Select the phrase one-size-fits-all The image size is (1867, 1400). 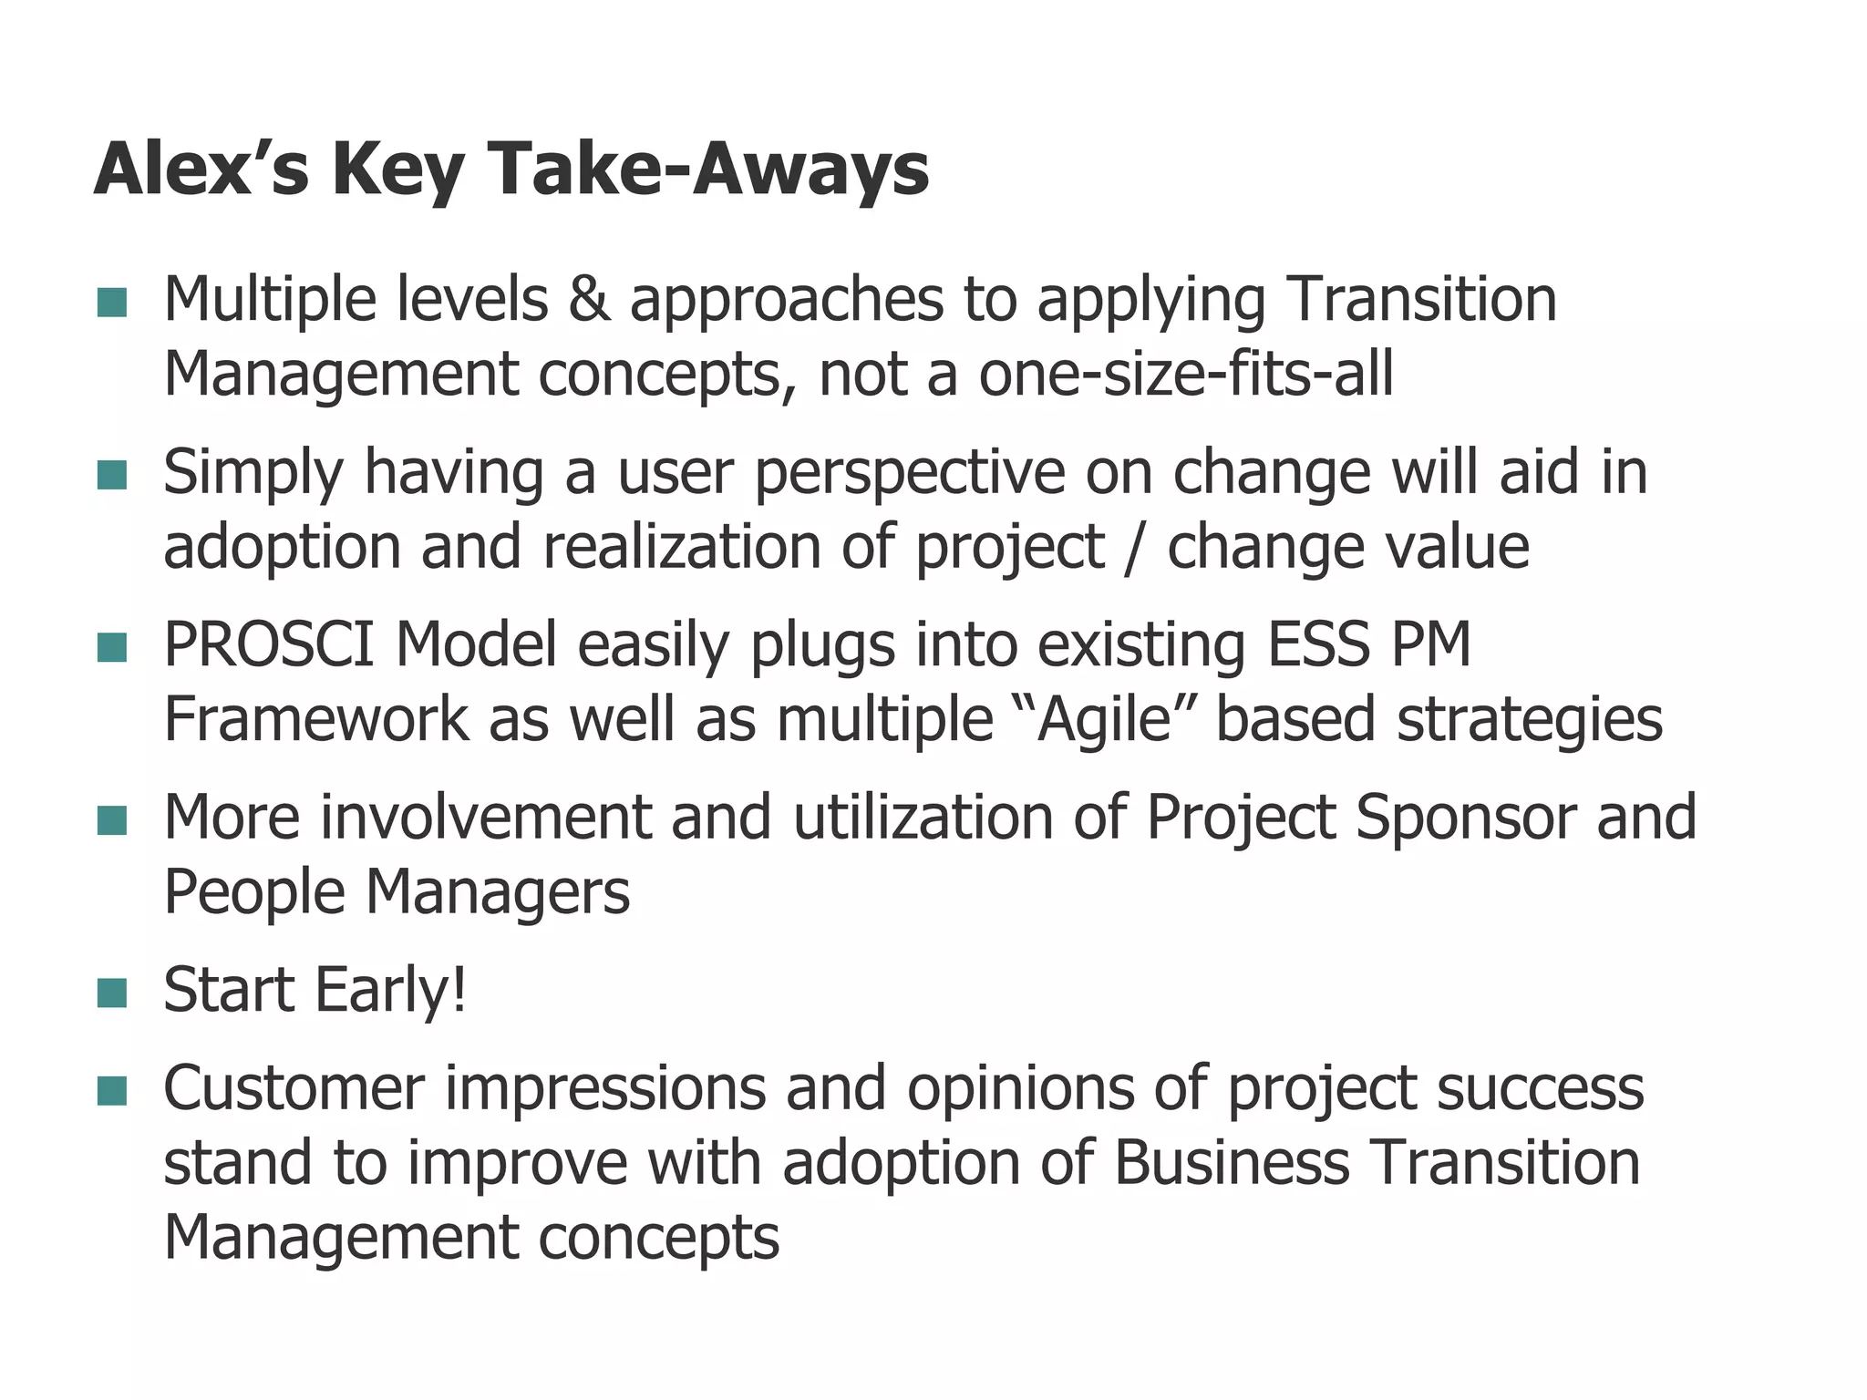(1185, 375)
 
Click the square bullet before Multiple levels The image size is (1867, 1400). (111, 303)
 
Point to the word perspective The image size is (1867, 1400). (909, 474)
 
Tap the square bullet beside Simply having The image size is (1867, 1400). (111, 475)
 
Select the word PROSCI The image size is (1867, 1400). (268, 645)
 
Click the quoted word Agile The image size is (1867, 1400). (1103, 720)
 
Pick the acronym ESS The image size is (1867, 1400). (1317, 645)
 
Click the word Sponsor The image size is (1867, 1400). (1465, 818)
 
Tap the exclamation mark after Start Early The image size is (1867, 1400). (459, 990)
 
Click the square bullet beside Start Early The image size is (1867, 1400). (111, 993)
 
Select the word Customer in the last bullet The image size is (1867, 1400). (294, 1089)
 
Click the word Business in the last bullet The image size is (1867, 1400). (1231, 1164)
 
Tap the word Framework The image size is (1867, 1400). (315, 720)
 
